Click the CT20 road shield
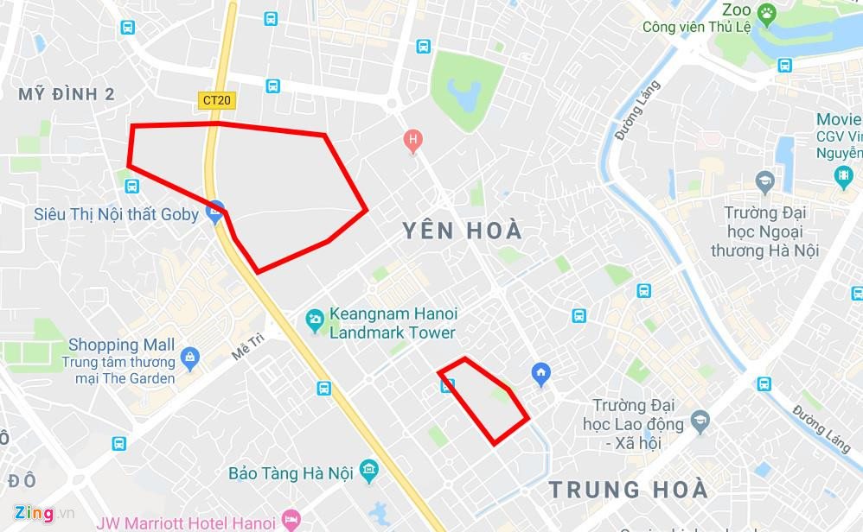pos(216,100)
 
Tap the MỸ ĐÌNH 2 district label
pos(67,95)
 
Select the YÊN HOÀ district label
pos(463,231)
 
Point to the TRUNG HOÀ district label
pos(629,490)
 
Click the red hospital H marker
pos(413,139)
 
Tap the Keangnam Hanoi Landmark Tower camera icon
pos(315,321)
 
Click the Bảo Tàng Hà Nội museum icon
pos(369,470)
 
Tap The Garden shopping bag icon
pos(190,356)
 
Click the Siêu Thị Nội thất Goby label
pos(116,213)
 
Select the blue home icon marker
pos(541,372)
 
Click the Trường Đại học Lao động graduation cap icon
pos(700,423)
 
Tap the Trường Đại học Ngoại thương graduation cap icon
pos(764,181)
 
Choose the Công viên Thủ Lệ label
pos(696,28)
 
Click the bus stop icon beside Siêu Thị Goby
pos(132,186)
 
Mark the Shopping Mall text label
pos(122,345)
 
